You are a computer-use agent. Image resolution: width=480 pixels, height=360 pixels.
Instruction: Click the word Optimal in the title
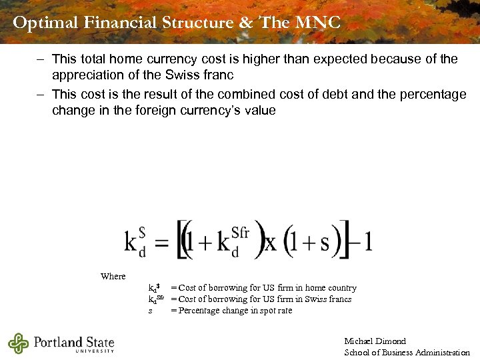tap(46, 23)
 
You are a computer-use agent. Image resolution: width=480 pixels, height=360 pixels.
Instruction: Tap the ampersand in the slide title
tap(246, 23)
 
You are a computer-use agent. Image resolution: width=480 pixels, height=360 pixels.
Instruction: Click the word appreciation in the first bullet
tap(90, 75)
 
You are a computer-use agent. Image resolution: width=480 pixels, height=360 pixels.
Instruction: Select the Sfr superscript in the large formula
tap(239, 232)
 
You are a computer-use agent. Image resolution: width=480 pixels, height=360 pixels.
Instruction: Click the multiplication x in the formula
tap(270, 242)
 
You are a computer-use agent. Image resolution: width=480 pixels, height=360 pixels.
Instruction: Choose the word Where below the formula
tap(113, 276)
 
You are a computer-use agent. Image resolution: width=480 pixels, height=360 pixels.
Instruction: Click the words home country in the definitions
tap(331, 288)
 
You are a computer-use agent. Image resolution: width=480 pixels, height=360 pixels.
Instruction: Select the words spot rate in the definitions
tap(275, 311)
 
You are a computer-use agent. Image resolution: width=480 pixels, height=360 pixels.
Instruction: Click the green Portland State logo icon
tap(18, 343)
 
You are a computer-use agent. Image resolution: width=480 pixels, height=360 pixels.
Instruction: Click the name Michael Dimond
tap(375, 341)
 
